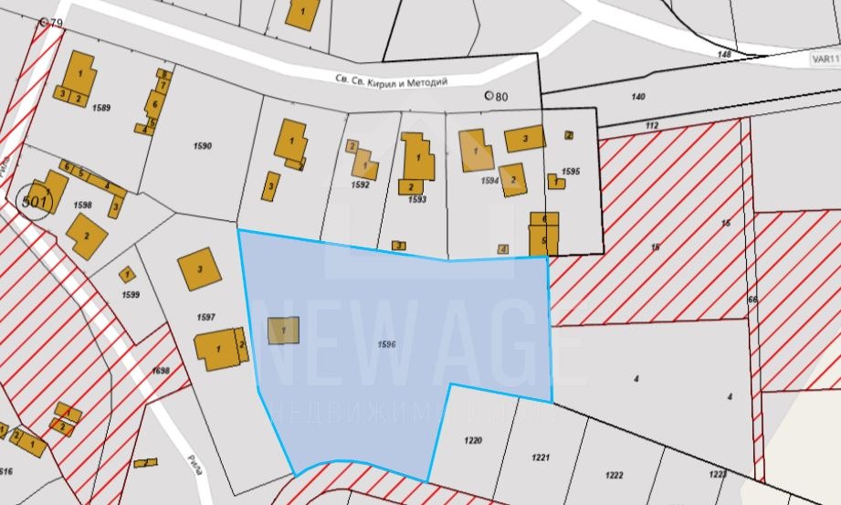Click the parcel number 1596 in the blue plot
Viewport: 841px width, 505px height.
(385, 344)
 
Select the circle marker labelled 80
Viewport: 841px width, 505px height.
(489, 95)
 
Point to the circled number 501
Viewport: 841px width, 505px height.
(35, 199)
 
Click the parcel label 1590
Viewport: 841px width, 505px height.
(203, 146)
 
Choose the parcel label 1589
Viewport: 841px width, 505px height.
(101, 108)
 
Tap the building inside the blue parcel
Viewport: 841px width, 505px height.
(283, 330)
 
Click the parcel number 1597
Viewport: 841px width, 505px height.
(205, 317)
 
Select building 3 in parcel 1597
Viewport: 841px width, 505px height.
(200, 268)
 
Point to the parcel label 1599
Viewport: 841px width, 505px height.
(131, 295)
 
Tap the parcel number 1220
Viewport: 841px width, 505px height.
(472, 440)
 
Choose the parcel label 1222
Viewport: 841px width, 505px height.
(614, 474)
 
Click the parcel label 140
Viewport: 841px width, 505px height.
(637, 96)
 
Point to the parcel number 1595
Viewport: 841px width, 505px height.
(572, 172)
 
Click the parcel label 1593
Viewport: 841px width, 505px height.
(417, 199)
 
